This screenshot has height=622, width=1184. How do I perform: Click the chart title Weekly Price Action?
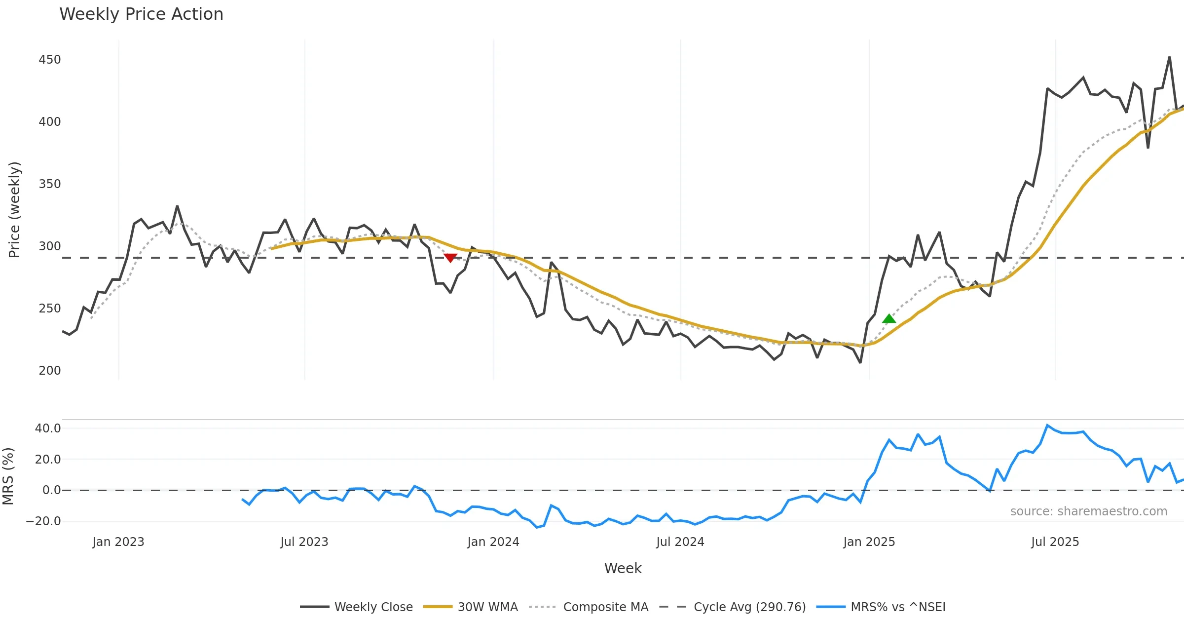click(x=141, y=14)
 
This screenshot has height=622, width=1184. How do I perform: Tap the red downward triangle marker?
click(x=450, y=258)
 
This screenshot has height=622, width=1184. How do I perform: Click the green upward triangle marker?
click(x=889, y=319)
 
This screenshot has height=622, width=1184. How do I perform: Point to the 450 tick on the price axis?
click(x=50, y=60)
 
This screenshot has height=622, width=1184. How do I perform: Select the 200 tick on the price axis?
click(x=50, y=370)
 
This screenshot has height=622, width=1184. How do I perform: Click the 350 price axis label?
click(x=50, y=184)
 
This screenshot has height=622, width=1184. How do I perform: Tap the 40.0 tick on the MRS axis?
click(x=48, y=428)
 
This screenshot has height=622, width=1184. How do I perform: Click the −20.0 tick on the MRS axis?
click(x=44, y=521)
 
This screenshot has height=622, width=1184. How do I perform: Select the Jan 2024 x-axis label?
click(x=493, y=542)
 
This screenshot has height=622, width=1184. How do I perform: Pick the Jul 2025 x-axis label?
click(x=1055, y=542)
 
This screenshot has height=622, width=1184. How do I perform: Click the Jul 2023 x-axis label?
click(x=304, y=542)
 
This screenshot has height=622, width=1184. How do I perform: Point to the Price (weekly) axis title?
click(x=14, y=210)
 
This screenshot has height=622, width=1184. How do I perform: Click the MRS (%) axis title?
click(x=8, y=476)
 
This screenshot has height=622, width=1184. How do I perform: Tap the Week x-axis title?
click(x=623, y=569)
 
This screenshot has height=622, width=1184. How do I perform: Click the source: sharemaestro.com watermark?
click(x=1089, y=511)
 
